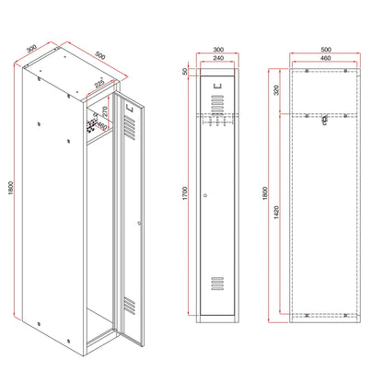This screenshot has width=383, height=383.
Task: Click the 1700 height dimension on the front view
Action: click(185, 193)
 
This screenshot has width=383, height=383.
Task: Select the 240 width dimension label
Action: click(218, 58)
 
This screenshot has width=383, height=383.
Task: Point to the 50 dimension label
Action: click(185, 72)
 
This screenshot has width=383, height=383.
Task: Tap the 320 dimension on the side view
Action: click(276, 90)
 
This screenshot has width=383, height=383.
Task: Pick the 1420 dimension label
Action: click(276, 213)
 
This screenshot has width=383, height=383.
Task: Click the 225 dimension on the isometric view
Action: click(99, 84)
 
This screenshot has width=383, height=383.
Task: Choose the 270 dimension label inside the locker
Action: click(105, 111)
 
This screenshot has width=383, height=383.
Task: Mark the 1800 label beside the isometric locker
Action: click(11, 188)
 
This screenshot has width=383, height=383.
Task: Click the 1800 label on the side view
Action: click(265, 193)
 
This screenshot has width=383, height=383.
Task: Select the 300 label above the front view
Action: click(218, 50)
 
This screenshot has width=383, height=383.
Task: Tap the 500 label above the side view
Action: click(326, 50)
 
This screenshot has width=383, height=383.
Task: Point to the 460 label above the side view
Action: click(326, 58)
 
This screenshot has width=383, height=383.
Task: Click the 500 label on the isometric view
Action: click(100, 55)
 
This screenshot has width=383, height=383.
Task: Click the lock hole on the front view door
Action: click(205, 195)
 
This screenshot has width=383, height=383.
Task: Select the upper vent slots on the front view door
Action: click(217, 103)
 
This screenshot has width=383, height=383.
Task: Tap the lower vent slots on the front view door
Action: click(217, 284)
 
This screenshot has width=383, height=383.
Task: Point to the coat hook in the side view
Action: click(325, 120)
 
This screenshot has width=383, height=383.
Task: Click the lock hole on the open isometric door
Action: click(139, 223)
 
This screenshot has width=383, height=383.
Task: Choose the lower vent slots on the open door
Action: click(130, 306)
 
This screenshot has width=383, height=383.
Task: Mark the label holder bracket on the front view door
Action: click(217, 86)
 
